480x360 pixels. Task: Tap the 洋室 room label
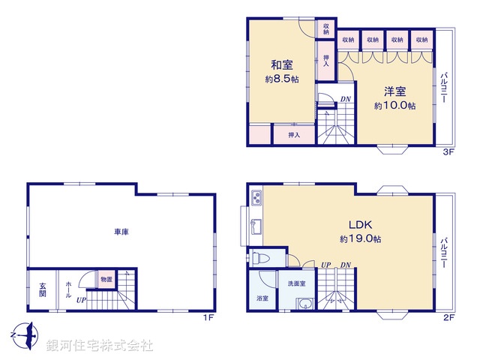(395, 91)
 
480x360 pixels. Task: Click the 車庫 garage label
(122, 232)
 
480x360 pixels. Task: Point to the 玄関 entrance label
(43, 290)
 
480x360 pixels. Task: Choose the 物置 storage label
(106, 280)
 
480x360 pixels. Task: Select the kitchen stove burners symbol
(255, 199)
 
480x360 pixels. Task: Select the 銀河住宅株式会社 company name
(99, 346)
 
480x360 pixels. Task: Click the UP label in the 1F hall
(80, 300)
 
